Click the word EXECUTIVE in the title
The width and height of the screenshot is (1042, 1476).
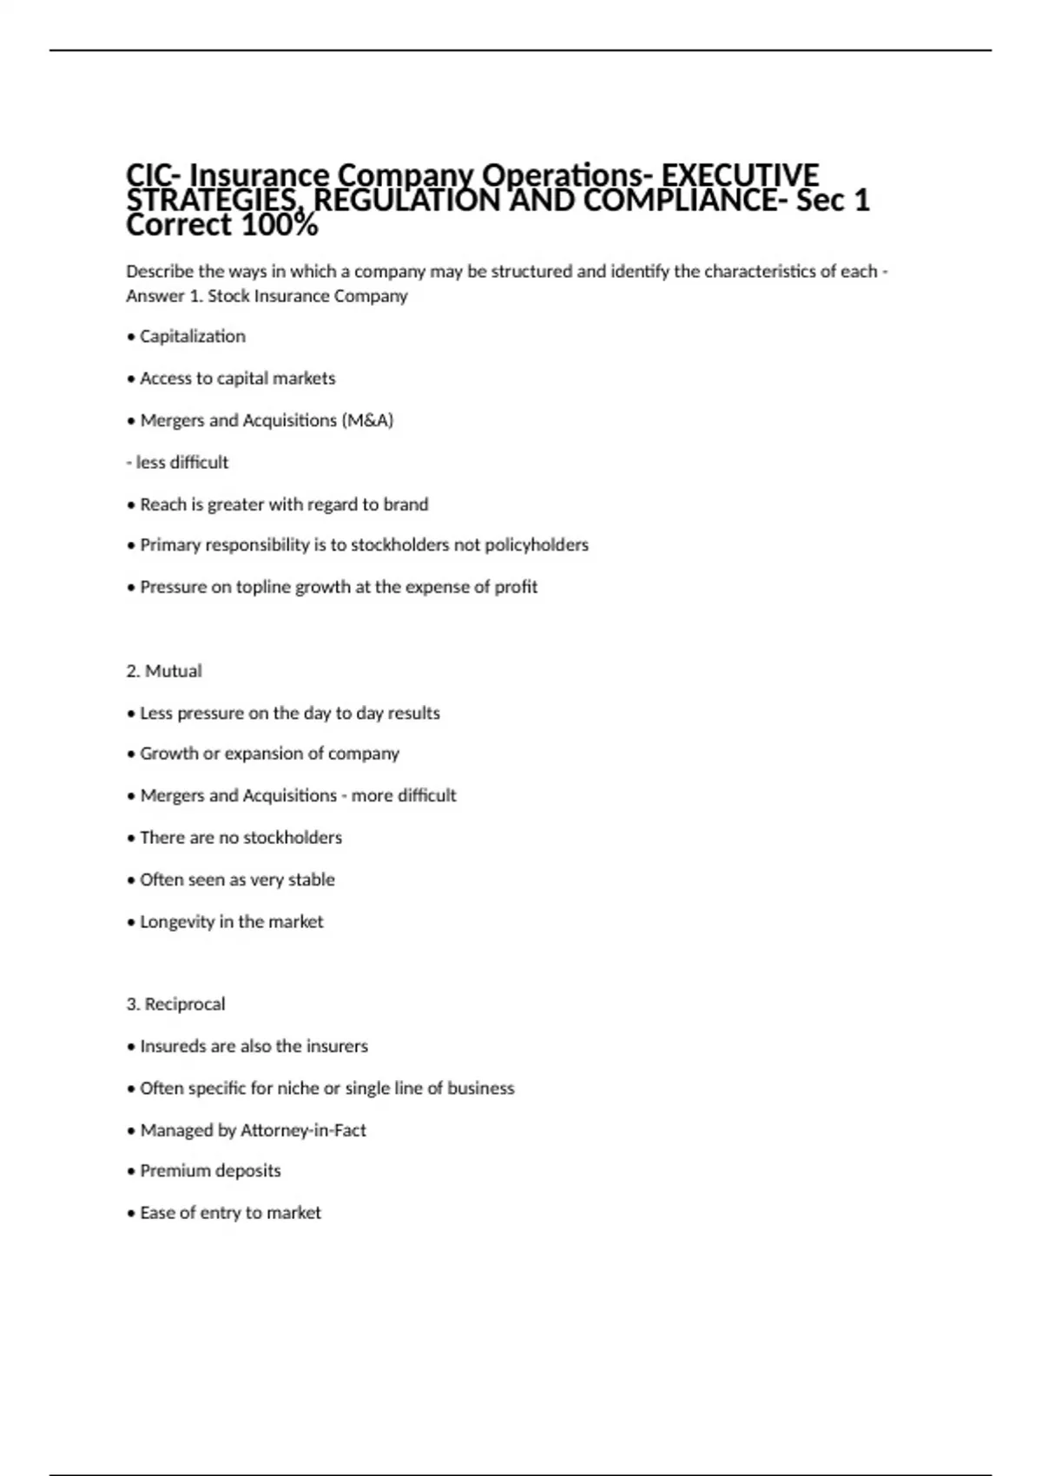tap(740, 175)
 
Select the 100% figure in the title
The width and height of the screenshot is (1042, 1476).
tap(279, 226)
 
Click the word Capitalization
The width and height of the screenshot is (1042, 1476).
tap(192, 337)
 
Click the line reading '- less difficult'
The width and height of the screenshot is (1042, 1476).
tap(177, 463)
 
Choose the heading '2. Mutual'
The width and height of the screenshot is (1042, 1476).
tap(163, 671)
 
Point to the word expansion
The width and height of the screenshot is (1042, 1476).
tap(266, 754)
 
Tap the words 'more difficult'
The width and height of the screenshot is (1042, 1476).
tap(404, 795)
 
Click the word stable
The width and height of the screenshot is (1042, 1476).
tap(311, 880)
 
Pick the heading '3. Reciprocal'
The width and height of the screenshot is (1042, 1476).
tap(175, 1005)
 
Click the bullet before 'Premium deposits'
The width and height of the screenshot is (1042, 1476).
tap(131, 1171)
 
